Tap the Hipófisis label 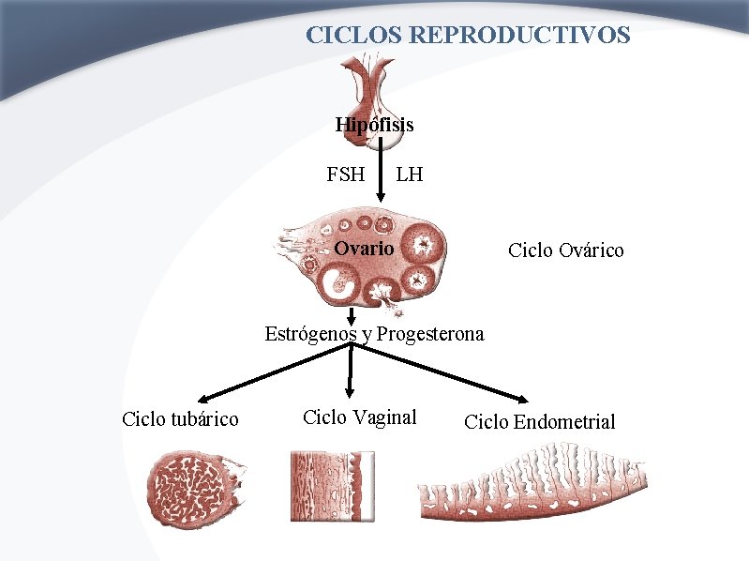[x=374, y=124]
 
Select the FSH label [x=345, y=174]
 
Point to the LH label [x=410, y=174]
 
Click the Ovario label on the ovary [x=365, y=249]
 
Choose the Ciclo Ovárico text [x=565, y=250]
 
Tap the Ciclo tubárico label [x=180, y=418]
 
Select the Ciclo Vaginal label [x=360, y=417]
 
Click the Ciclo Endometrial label [x=540, y=422]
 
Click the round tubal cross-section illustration [x=196, y=488]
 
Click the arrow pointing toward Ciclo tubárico [x=272, y=371]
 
